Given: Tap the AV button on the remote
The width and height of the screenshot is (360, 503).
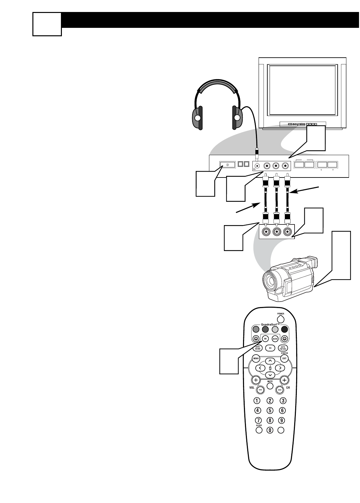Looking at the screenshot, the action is tap(265, 338).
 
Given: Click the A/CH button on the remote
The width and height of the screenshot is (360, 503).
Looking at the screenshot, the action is tap(275, 338).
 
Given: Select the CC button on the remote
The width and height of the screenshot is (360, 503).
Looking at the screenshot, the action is tap(270, 348).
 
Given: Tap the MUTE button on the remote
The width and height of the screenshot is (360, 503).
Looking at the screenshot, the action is tap(270, 386).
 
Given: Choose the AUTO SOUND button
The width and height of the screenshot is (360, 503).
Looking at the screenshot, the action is tap(258, 348).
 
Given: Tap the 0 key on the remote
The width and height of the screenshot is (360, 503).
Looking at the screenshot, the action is tap(270, 430).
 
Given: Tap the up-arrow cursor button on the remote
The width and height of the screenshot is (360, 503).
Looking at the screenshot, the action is tap(270, 361).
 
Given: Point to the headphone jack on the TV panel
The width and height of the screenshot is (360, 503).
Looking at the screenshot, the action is tap(258, 165).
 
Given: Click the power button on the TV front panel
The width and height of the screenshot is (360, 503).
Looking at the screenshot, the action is tap(227, 165).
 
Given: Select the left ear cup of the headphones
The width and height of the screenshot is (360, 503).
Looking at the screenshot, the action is tap(197, 118).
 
